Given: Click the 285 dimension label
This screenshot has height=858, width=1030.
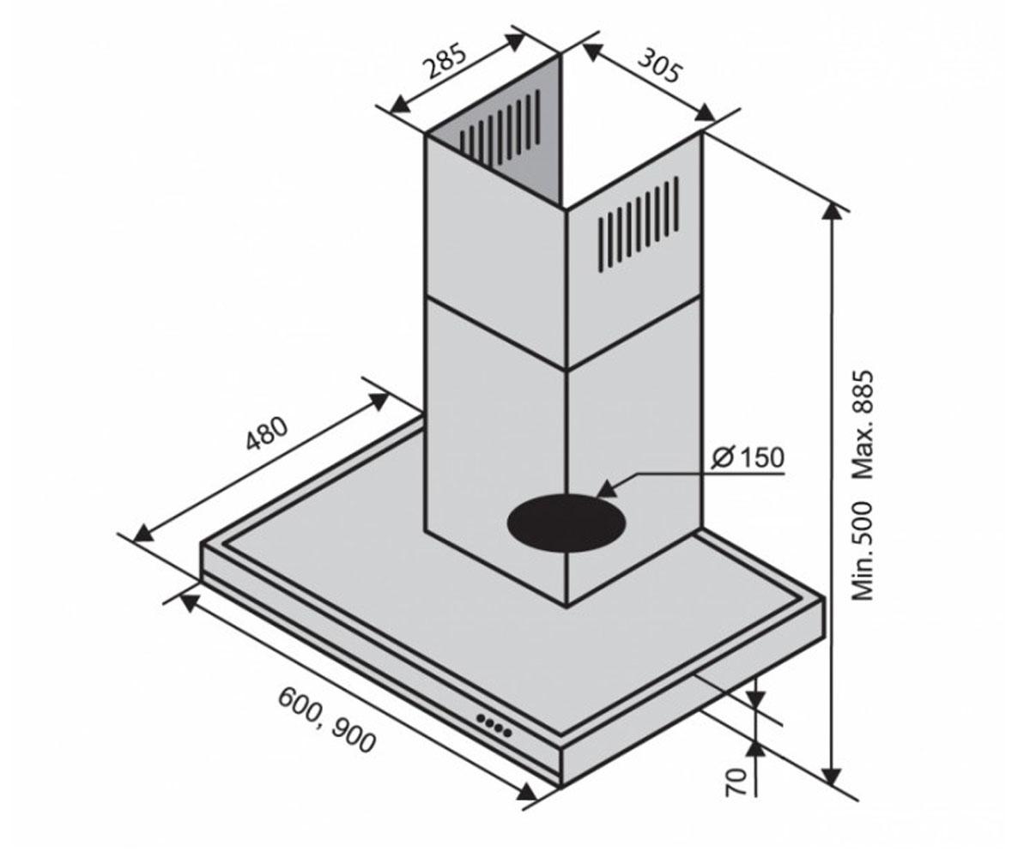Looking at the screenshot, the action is pyautogui.click(x=445, y=61).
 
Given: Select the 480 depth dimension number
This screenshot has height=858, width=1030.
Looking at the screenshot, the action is pyautogui.click(x=266, y=434).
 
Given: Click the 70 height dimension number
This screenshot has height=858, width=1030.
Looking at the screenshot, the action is pyautogui.click(x=736, y=796).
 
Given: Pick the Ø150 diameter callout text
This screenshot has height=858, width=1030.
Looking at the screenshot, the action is pyautogui.click(x=747, y=457).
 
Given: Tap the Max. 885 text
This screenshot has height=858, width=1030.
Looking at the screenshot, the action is pyautogui.click(x=863, y=425).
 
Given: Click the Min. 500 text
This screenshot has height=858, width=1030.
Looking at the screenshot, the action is pyautogui.click(x=863, y=550).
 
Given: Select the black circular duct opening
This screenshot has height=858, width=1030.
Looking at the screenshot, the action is pyautogui.click(x=566, y=523).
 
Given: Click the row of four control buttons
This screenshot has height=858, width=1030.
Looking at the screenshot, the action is pyautogui.click(x=494, y=725).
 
